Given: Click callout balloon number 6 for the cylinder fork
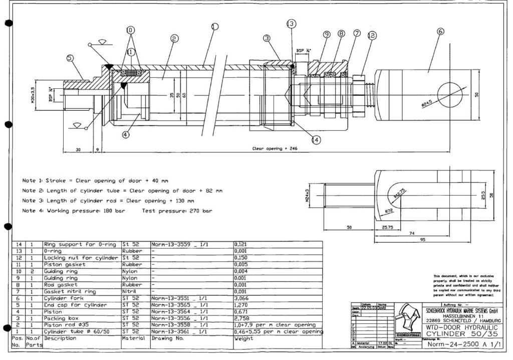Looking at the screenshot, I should pos(440,31).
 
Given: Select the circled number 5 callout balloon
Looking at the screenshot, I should pos(70,58).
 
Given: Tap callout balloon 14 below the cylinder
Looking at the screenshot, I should pos(316,140).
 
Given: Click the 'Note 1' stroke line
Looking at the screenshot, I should pos(95,179).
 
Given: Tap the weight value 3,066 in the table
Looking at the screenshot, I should pos(241,298).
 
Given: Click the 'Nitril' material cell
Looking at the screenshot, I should pos(129,291).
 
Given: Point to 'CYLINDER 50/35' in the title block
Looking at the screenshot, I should pos(460,333).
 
